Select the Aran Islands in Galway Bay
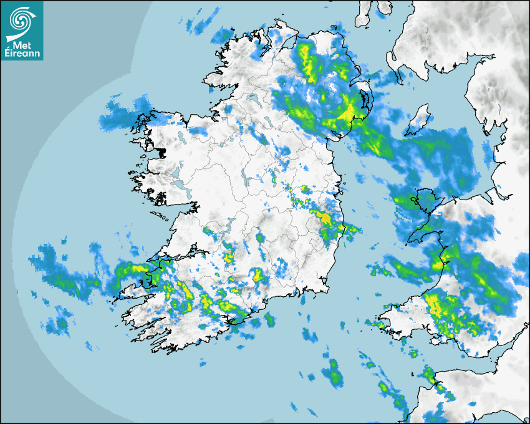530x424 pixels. pyautogui.click(x=161, y=217)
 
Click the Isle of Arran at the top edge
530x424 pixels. pyautogui.click(x=364, y=12)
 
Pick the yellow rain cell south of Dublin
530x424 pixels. pyautogui.click(x=325, y=219)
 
